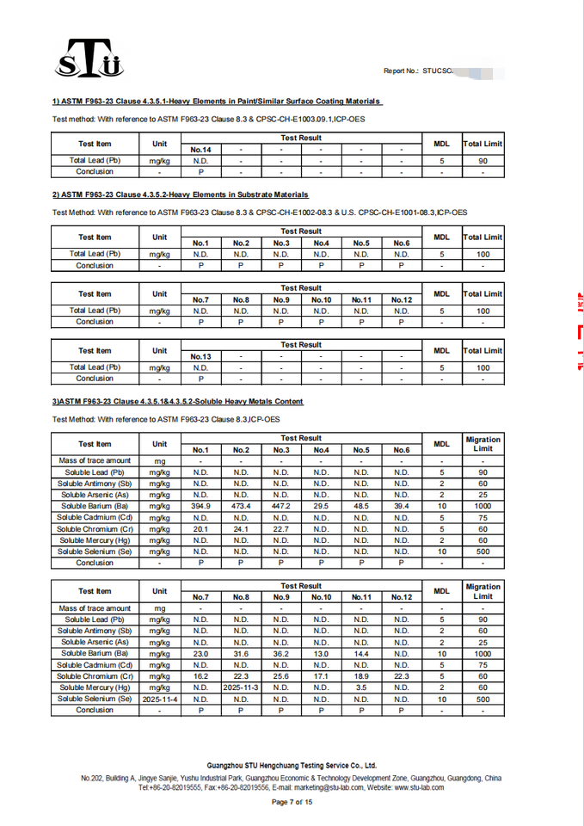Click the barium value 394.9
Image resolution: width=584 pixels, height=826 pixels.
pyautogui.click(x=200, y=507)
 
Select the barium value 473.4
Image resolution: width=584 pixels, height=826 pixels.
pyautogui.click(x=241, y=507)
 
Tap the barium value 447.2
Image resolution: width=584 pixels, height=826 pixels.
pyautogui.click(x=281, y=507)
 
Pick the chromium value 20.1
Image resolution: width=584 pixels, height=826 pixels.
pyautogui.click(x=200, y=529)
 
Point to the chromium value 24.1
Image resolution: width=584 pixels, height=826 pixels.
pyautogui.click(x=241, y=529)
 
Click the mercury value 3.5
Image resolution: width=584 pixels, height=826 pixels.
pyautogui.click(x=361, y=687)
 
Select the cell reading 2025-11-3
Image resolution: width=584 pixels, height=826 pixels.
pyautogui.click(x=241, y=687)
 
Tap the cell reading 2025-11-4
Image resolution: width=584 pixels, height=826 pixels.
pyautogui.click(x=160, y=699)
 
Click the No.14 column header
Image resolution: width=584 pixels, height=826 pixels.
pyautogui.click(x=200, y=150)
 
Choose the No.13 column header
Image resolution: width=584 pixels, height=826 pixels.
pyautogui.click(x=200, y=356)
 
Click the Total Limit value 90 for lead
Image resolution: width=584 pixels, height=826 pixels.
pyautogui.click(x=483, y=160)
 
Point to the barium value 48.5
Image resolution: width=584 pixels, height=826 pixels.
pyautogui.click(x=361, y=507)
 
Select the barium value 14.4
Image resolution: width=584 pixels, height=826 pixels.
pyautogui.click(x=361, y=654)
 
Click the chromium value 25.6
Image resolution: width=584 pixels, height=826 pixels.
pyautogui.click(x=281, y=676)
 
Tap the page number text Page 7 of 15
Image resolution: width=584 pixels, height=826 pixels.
pyautogui.click(x=292, y=802)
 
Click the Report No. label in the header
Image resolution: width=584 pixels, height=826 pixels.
pyautogui.click(x=401, y=71)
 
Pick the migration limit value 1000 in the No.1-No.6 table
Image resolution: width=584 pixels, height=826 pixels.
pyautogui.click(x=483, y=507)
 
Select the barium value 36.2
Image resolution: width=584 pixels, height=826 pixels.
pyautogui.click(x=281, y=654)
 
